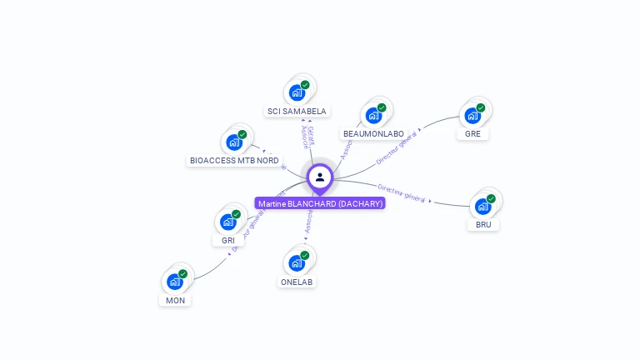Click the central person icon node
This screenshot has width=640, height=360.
coord(320,177)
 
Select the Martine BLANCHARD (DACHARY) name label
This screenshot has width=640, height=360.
coord(320,203)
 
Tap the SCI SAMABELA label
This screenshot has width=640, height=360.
coord(297,111)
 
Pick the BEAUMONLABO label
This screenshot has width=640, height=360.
coord(373,133)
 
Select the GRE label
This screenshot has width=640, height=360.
coord(472,133)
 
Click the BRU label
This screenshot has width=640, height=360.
coord(483,224)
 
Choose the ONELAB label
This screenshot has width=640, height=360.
coord(297,282)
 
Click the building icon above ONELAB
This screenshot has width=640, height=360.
coord(297,263)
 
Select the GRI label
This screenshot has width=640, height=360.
coord(228,240)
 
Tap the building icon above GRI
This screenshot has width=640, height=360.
coord(228,222)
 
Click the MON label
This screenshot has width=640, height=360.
coord(175,300)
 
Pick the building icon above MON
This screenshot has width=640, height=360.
coord(175,282)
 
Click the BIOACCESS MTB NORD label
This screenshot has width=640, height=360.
coord(234,160)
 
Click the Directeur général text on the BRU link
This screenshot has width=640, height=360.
coord(402,193)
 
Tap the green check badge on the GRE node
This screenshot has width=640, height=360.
coord(481,107)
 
